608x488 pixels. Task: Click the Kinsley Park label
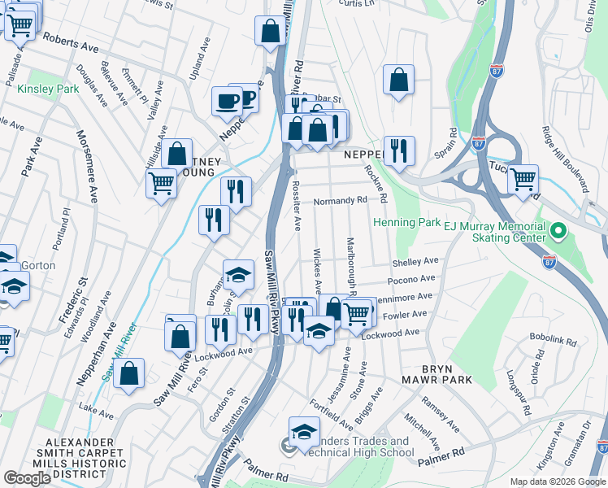(48, 88)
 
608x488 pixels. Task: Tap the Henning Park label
(406, 223)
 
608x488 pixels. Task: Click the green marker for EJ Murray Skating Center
(557, 232)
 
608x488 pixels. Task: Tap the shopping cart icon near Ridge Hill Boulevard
(523, 178)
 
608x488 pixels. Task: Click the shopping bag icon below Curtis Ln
(397, 81)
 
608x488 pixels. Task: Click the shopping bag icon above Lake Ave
(128, 374)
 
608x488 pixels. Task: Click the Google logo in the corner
(28, 478)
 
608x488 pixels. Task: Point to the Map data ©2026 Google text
(557, 481)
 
